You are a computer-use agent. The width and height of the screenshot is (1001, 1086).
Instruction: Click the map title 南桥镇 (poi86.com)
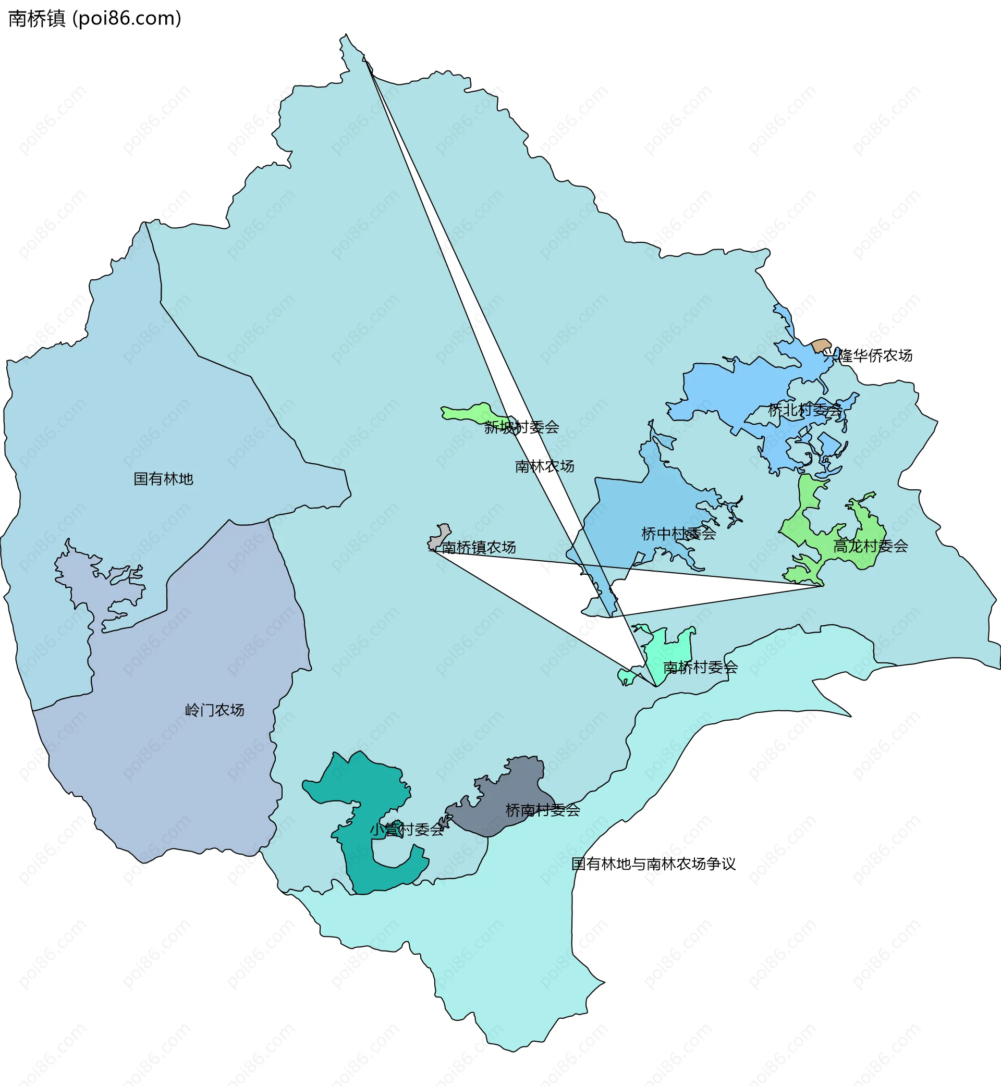click(95, 18)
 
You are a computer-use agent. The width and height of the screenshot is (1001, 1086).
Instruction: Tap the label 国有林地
click(163, 478)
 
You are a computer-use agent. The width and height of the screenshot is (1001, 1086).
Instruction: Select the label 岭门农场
click(214, 710)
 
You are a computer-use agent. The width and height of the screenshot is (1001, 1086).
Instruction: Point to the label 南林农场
click(544, 466)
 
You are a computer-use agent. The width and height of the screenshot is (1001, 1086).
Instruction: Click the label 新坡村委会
click(521, 427)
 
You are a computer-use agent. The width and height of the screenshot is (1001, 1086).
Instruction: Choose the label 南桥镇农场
click(478, 547)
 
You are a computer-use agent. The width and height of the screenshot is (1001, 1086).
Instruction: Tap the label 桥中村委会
click(678, 534)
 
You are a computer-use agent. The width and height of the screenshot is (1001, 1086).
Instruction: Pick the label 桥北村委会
click(805, 410)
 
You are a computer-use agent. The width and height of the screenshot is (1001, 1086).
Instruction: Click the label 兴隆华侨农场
click(868, 355)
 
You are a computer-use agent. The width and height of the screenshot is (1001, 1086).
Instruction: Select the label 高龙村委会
click(870, 546)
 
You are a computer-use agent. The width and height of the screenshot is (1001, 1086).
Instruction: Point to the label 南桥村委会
click(700, 668)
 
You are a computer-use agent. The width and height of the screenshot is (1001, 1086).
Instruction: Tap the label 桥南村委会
click(542, 810)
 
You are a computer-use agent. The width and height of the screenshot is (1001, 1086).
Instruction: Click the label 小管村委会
click(407, 830)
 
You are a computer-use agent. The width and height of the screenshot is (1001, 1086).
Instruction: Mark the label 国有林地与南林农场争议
click(653, 863)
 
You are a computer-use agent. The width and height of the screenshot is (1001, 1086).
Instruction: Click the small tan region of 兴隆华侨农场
click(821, 345)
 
